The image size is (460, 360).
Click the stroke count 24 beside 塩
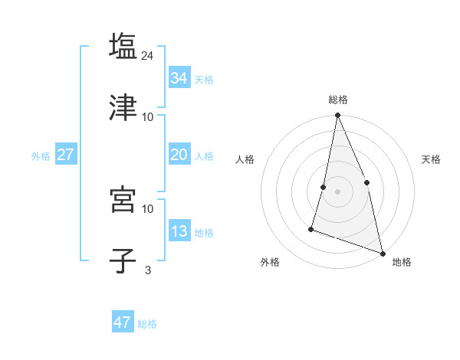pyautogui.click(x=149, y=55)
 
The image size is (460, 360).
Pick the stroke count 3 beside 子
pyautogui.click(x=148, y=270)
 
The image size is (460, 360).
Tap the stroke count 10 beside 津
pyautogui.click(x=148, y=116)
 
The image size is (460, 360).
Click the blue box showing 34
pyautogui.click(x=179, y=78)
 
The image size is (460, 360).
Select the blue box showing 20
pyautogui.click(x=179, y=155)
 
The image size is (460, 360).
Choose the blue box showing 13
pyautogui.click(x=179, y=231)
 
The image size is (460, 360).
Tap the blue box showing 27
pyautogui.click(x=65, y=155)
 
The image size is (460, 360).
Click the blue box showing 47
pyautogui.click(x=122, y=322)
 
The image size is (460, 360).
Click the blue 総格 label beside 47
pyautogui.click(x=147, y=324)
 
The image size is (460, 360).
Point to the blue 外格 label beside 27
pyautogui.click(x=41, y=156)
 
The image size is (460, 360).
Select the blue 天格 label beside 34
pyautogui.click(x=204, y=80)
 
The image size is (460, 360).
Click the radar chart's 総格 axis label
pyautogui.click(x=337, y=100)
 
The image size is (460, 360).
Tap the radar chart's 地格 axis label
pyautogui.click(x=402, y=262)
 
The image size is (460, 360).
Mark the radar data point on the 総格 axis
pyautogui.click(x=337, y=116)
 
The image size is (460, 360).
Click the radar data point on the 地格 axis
pyautogui.click(x=382, y=253)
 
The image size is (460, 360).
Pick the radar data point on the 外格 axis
pyautogui.click(x=311, y=228)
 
